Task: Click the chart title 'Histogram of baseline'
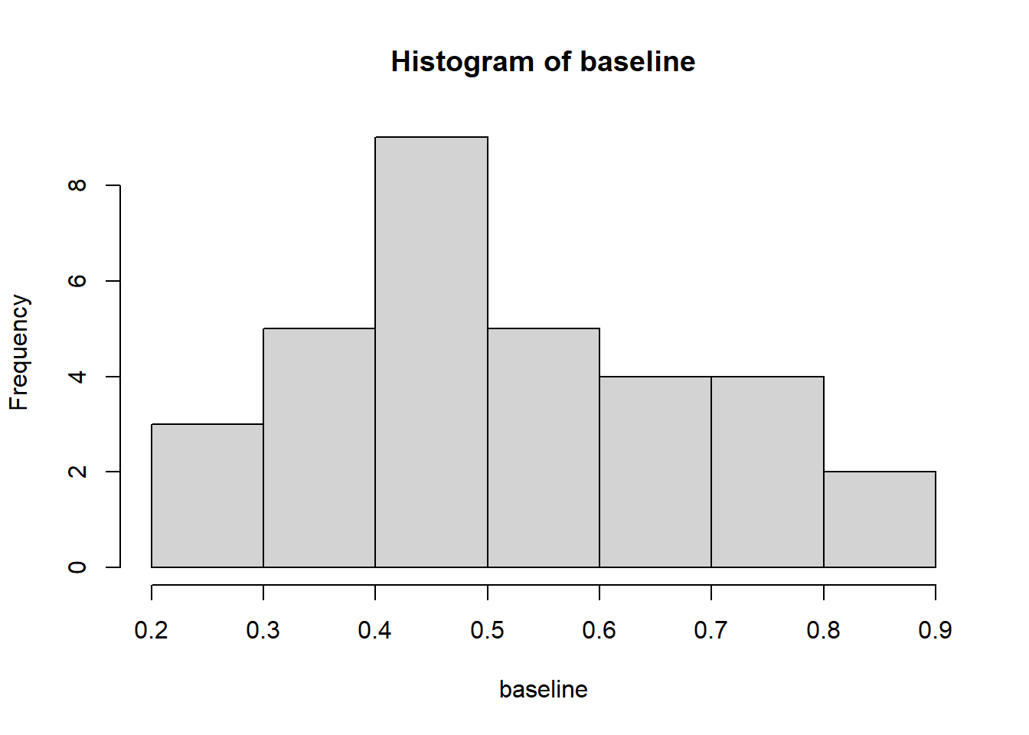543,61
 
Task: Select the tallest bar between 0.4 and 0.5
431,352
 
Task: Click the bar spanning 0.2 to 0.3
207,495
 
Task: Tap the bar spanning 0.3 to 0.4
319,448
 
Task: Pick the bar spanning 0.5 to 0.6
544,448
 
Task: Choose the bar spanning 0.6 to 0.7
655,472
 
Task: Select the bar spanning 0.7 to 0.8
768,472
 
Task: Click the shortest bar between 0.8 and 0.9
880,520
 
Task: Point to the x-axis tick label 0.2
151,630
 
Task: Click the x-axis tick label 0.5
488,630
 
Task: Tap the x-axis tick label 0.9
936,630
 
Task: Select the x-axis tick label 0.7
711,630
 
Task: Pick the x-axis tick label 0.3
263,630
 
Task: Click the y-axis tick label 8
77,185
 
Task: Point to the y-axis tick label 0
77,567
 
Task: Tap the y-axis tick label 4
77,377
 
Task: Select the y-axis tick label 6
77,281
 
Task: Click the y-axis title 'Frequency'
19,352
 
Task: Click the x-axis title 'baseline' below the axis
544,690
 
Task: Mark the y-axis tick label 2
77,472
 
